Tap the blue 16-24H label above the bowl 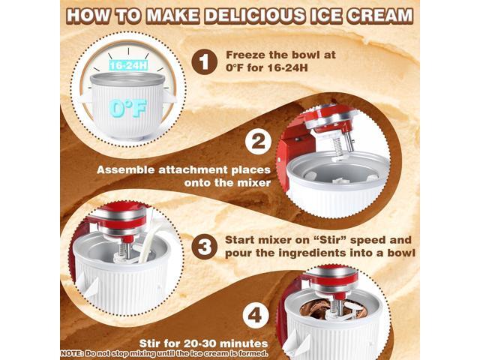coord(124,66)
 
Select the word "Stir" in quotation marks coord(317,241)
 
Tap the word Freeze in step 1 coord(246,55)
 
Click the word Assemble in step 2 coord(124,169)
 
